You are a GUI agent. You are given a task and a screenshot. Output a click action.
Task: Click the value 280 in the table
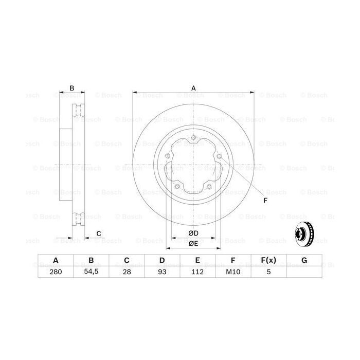tap(56, 273)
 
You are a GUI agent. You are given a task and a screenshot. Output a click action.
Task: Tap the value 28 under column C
tap(127, 273)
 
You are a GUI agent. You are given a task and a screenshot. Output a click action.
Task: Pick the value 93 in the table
tap(162, 273)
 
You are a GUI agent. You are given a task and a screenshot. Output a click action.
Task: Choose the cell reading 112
tap(197, 273)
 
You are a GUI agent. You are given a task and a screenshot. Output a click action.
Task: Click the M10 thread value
tap(233, 273)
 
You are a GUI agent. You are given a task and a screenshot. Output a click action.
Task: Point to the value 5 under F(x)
tap(268, 273)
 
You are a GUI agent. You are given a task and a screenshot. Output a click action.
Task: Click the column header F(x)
tap(268, 261)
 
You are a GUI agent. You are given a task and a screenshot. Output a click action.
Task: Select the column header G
tap(304, 261)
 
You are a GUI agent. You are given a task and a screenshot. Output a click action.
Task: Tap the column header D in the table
tap(162, 261)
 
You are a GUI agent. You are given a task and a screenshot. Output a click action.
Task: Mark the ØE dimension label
tap(193, 243)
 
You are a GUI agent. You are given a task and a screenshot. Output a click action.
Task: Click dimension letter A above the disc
tap(194, 88)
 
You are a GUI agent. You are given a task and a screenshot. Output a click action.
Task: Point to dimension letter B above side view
tap(72, 88)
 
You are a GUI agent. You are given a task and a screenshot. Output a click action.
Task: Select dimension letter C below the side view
tap(98, 234)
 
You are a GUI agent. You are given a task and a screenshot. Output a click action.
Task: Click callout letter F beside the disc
tap(265, 200)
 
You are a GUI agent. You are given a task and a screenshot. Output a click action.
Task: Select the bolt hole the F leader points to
tap(219, 156)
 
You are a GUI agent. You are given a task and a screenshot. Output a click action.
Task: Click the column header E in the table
tap(197, 261)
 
